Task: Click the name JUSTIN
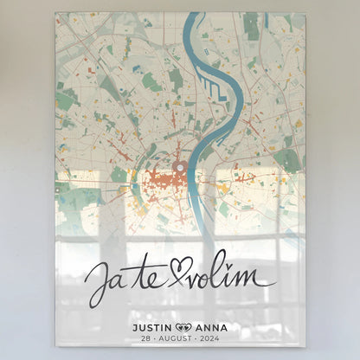coord(152,328)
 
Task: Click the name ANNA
coord(209,328)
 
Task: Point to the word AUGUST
coord(180,341)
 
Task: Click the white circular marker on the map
coord(180,168)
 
